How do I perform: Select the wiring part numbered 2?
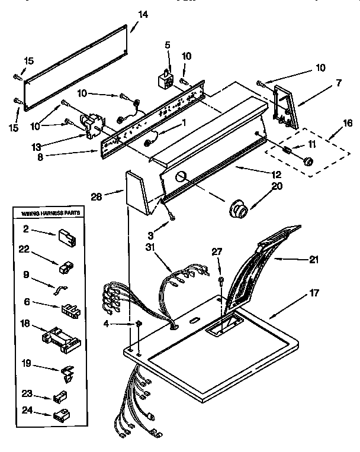(x=63, y=239)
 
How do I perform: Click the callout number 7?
(x=338, y=83)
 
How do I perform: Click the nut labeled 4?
(x=138, y=324)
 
